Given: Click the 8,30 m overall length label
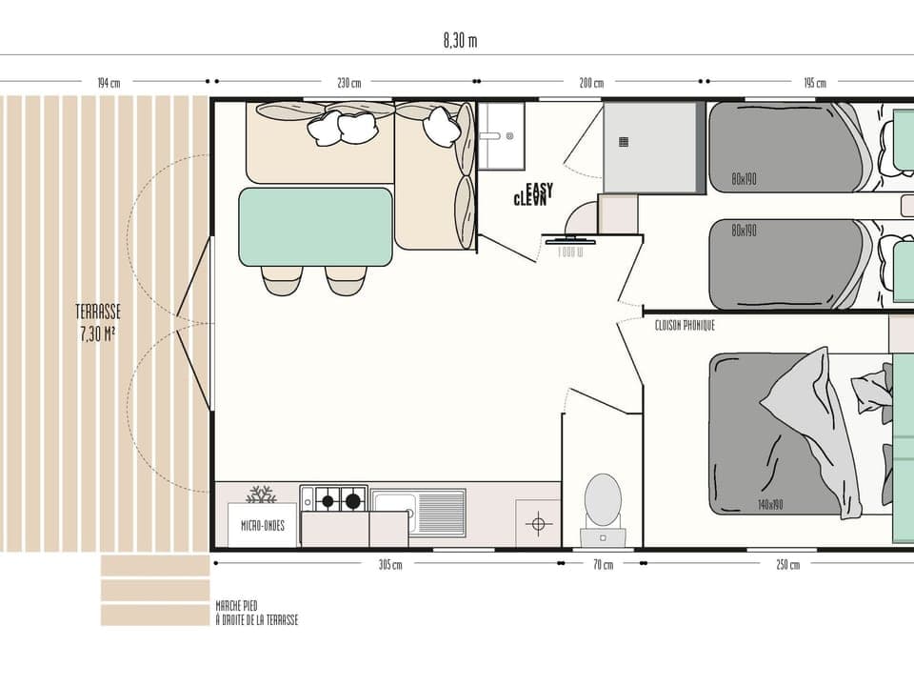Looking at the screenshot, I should pos(460,41).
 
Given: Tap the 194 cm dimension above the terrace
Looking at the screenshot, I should pos(108,83).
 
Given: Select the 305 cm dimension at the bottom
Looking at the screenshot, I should pos(389,564).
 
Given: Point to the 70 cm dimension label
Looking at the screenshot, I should pos(602,564).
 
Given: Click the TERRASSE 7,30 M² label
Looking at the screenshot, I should pos(98,322).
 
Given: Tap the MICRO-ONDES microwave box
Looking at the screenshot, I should pos(262,525).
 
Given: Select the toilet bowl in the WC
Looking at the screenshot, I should pos(603,500).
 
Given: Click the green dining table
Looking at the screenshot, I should pos(315,227).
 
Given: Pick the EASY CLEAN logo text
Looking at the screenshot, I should pos(533,194).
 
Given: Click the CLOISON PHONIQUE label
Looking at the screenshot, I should pos(685,326).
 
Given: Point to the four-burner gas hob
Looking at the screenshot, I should pos(334,498).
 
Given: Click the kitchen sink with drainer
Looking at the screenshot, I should pos(418,512).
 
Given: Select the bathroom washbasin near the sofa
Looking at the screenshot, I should pos(500,135).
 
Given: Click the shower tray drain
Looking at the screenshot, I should pos(624,142).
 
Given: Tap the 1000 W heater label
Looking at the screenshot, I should pos(570,251).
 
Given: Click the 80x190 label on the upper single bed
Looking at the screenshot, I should pos(745,179).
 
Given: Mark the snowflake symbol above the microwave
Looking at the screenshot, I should pos(261,494).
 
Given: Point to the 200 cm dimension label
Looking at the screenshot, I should pos(591,83).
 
